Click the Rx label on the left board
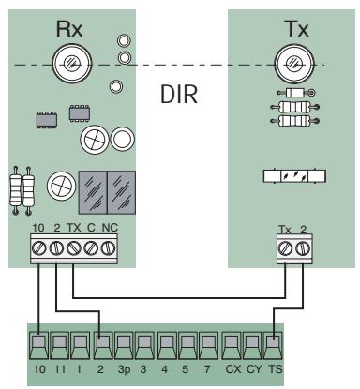click(70, 28)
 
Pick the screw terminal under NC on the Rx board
click(112, 248)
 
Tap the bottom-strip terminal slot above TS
click(274, 345)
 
